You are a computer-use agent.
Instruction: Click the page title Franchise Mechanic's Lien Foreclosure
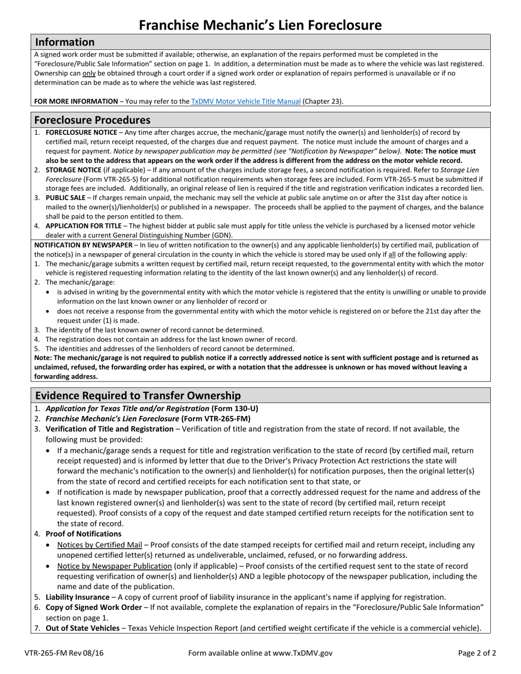[260, 25]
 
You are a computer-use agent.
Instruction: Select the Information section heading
[65, 42]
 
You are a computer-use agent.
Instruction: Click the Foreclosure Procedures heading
[92, 120]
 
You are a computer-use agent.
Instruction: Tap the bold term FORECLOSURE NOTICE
[81, 133]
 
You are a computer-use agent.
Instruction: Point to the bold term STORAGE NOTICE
[73, 170]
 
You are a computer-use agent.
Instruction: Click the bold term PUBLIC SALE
[65, 198]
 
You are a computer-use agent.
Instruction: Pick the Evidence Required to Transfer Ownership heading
[138, 396]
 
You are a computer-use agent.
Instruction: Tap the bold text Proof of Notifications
[83, 534]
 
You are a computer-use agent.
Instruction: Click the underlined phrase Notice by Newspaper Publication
[115, 566]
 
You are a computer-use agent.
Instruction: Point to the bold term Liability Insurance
[77, 597]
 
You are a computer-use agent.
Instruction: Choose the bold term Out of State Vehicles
[82, 628]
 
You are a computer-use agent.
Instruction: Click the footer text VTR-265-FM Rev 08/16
[64, 653]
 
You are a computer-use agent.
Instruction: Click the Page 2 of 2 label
[477, 653]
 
